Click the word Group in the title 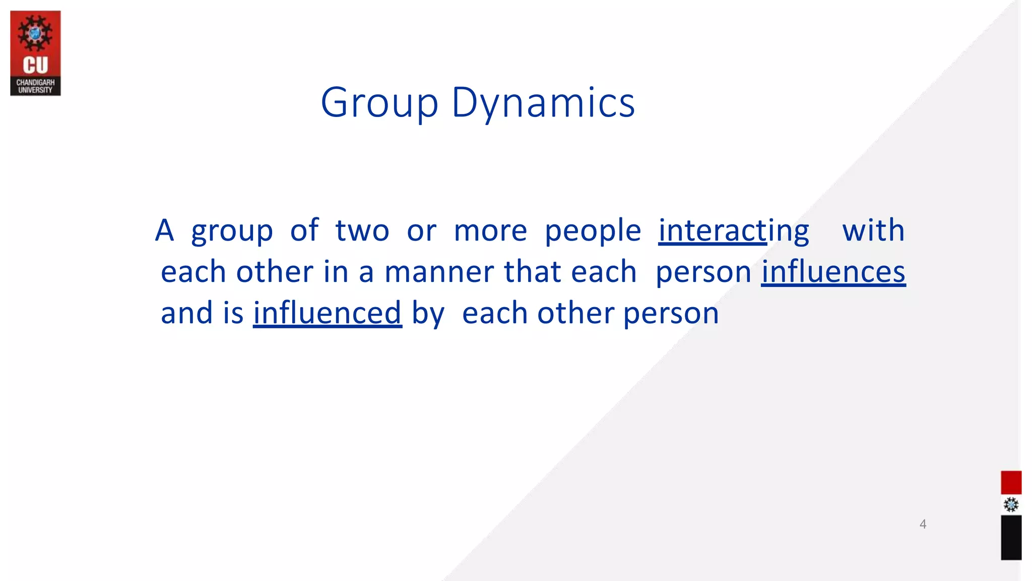tap(379, 103)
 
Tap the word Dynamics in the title tap(543, 103)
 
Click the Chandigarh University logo tap(35, 53)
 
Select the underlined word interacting tap(734, 230)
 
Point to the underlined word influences tap(833, 272)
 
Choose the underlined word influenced tap(327, 313)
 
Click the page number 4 tap(923, 524)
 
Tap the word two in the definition tap(362, 230)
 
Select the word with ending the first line tap(873, 230)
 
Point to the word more tap(490, 231)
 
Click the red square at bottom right tap(1011, 483)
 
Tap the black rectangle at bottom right tap(1011, 538)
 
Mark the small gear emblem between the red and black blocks tap(1011, 505)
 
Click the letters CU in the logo tap(35, 66)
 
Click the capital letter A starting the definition tap(164, 230)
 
